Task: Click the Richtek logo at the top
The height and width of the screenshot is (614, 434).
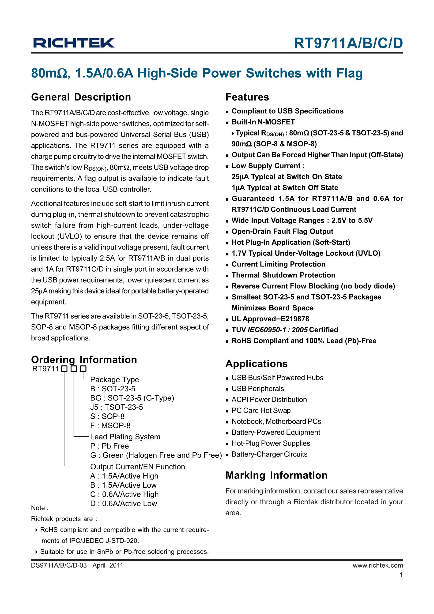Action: click(x=73, y=43)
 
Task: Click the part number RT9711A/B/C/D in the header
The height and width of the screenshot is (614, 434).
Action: click(x=348, y=43)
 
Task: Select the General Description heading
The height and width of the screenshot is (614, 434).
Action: click(x=81, y=97)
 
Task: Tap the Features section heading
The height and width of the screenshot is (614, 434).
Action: click(x=247, y=97)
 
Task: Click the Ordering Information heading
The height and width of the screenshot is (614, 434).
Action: click(x=84, y=360)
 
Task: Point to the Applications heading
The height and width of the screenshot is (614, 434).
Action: click(x=256, y=364)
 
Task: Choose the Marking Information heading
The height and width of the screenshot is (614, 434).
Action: click(x=276, y=475)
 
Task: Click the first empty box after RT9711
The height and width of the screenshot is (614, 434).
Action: click(x=64, y=369)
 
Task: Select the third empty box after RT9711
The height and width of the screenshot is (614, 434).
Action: click(x=83, y=369)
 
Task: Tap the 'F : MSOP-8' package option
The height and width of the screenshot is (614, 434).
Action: click(x=110, y=426)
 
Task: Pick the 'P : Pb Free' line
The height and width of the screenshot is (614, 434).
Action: click(x=109, y=446)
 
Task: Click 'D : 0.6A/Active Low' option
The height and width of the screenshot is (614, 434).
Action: click(x=123, y=504)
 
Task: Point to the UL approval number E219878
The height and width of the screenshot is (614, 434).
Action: click(x=294, y=319)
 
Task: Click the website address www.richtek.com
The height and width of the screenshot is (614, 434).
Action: click(x=377, y=565)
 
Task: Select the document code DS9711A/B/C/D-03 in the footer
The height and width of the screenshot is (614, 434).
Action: click(x=59, y=565)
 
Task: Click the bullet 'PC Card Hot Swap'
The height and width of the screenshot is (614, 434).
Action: click(x=261, y=411)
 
